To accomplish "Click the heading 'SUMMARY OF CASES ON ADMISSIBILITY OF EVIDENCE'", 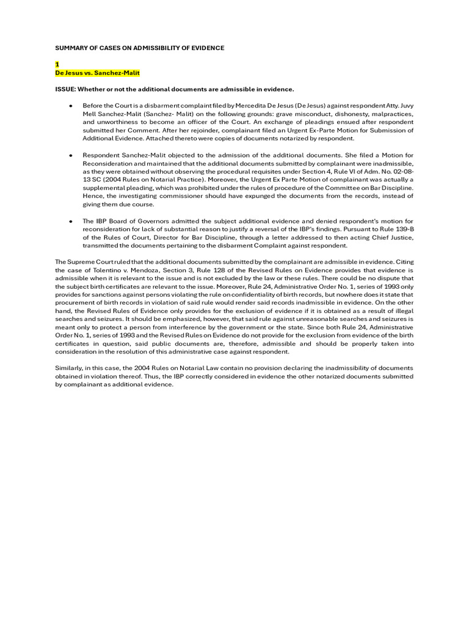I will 140,48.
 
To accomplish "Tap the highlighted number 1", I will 57,64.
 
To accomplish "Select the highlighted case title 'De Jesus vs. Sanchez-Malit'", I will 97,73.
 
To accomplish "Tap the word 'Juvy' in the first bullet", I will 403,106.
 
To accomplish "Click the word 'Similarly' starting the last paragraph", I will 69,368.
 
